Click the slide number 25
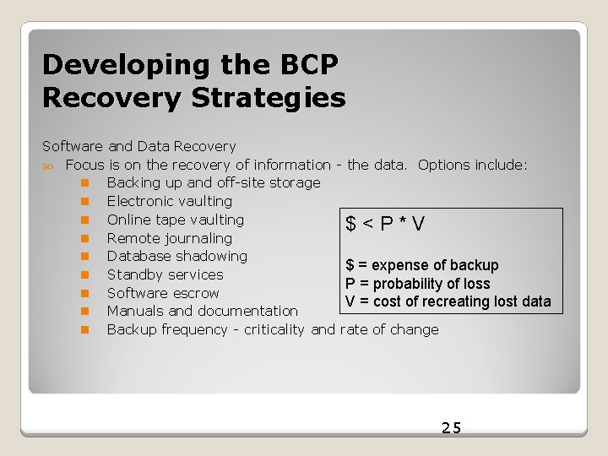452,427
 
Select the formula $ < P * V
385,224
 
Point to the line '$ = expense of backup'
422,265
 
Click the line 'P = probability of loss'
417,284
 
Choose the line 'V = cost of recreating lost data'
448,301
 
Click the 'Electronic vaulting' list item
169,201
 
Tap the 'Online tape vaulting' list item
175,220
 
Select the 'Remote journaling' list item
169,238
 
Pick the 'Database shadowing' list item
176,256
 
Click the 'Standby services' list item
165,274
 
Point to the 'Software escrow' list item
163,293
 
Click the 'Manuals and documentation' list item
202,312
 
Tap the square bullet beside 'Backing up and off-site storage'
85,183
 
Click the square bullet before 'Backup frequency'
85,330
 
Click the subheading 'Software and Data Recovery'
138,147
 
